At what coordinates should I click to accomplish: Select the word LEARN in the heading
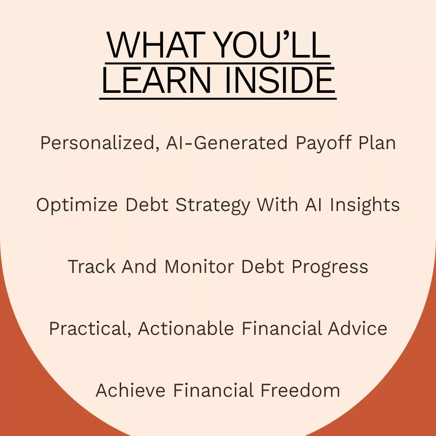click(157, 80)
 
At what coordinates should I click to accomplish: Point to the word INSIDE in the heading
click(280, 80)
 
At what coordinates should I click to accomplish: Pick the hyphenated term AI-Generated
click(227, 143)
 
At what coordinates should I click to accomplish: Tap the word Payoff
click(324, 143)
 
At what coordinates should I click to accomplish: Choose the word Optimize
click(77, 205)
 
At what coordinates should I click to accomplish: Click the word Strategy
click(213, 205)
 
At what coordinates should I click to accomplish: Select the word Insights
click(365, 205)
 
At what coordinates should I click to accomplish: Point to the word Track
click(92, 267)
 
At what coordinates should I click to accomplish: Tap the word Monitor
click(199, 267)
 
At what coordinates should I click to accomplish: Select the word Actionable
click(186, 328)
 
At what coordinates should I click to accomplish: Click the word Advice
click(358, 328)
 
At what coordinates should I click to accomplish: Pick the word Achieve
click(130, 390)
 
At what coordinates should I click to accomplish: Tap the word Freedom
click(300, 390)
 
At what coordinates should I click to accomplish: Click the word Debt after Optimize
click(147, 205)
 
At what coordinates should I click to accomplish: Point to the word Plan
click(377, 143)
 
